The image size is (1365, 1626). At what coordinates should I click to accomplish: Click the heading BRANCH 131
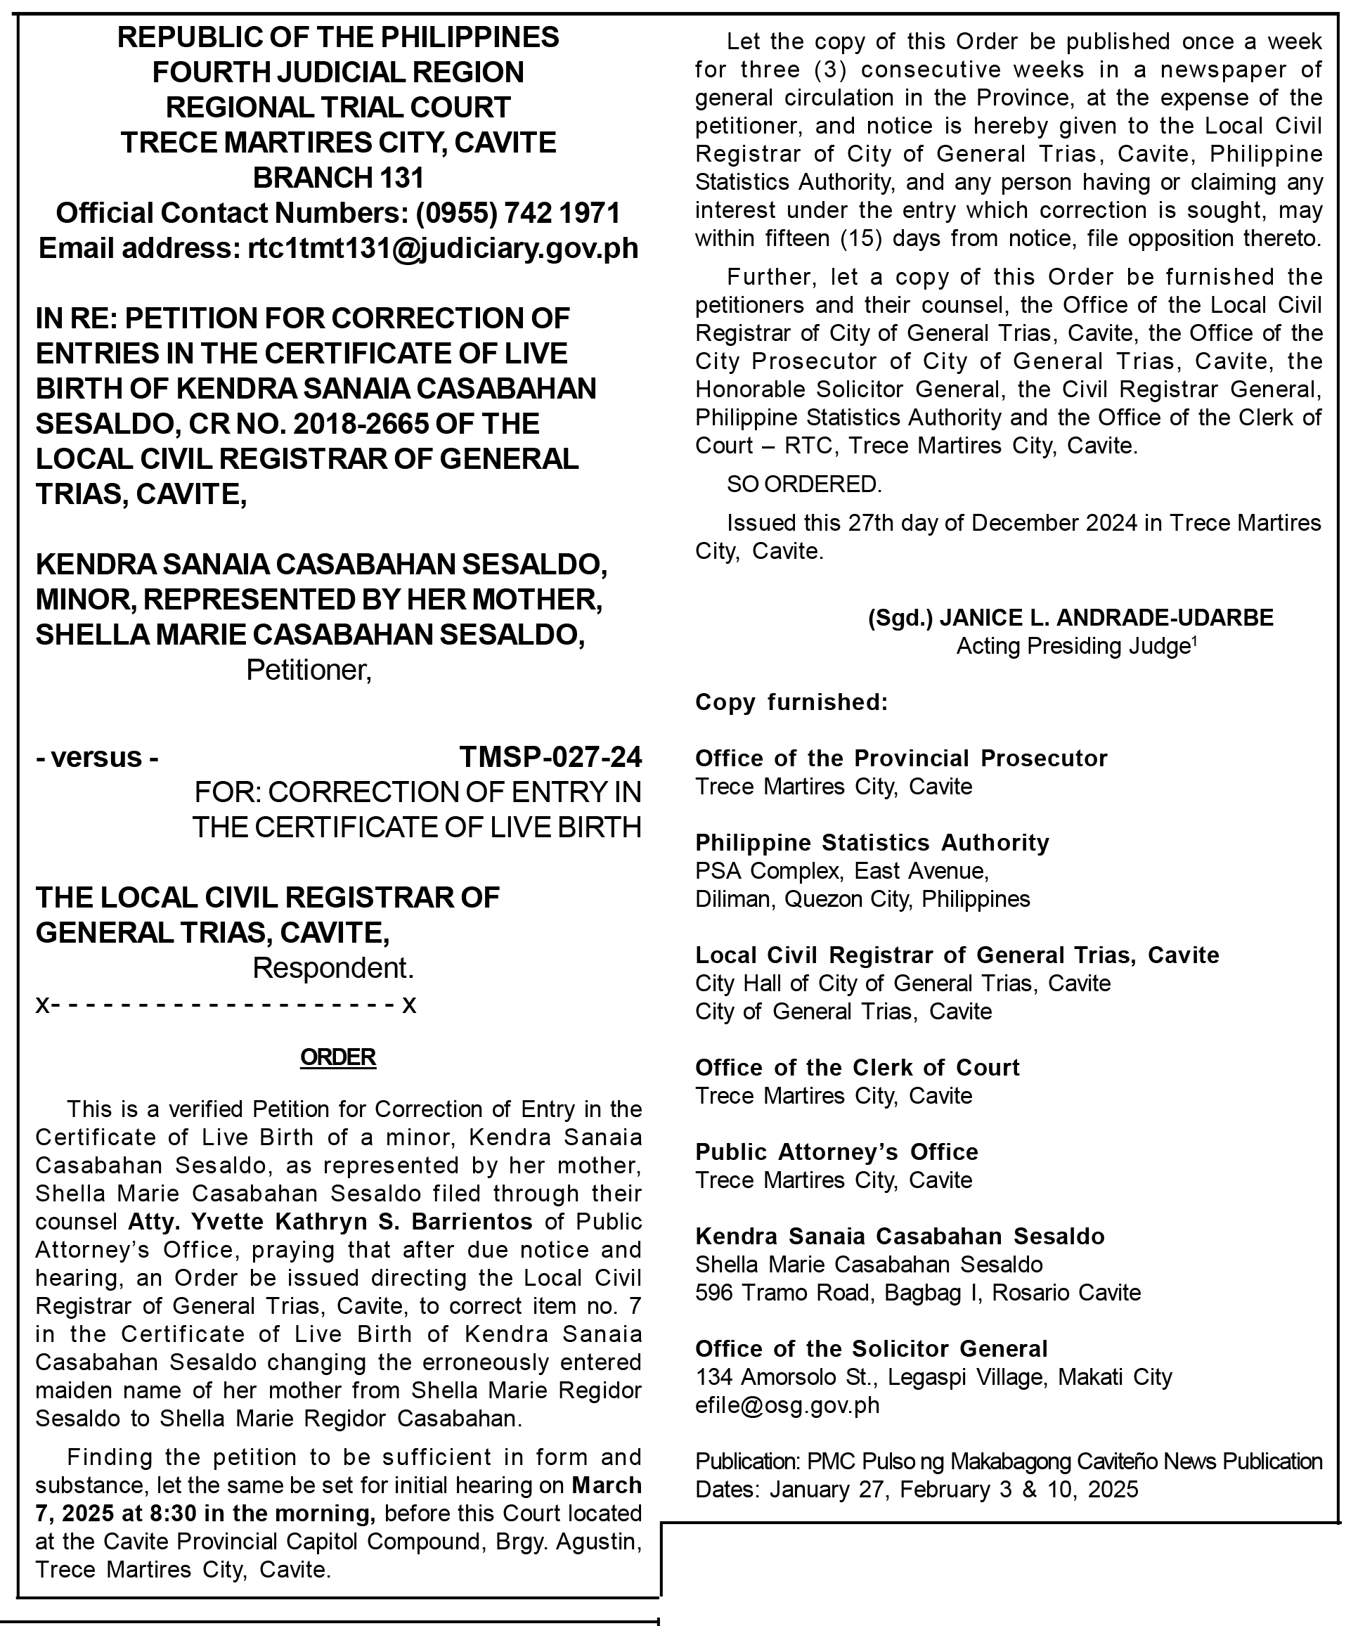coord(338,178)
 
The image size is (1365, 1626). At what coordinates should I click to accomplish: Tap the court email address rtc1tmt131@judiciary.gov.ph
coord(443,249)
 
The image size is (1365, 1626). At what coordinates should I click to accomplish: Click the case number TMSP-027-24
coord(550,756)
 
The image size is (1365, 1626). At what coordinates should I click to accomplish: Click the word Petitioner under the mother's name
coord(309,670)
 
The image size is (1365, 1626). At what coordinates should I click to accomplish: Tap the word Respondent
coord(333,968)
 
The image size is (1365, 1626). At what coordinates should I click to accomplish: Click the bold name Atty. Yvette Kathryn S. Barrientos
coord(330,1221)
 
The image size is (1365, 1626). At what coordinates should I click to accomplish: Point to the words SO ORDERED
coord(803,484)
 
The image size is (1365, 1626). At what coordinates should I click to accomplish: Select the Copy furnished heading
coord(791,702)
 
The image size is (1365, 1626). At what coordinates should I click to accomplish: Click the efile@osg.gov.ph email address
coord(787,1405)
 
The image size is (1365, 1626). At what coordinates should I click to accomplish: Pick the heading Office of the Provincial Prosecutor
coord(901,758)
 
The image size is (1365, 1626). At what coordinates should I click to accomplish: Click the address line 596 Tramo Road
coord(917,1292)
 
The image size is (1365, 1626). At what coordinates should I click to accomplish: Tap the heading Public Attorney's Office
coord(836,1151)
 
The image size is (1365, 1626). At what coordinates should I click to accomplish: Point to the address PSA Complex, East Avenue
coord(841,870)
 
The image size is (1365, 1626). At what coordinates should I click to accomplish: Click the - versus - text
coord(98,756)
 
